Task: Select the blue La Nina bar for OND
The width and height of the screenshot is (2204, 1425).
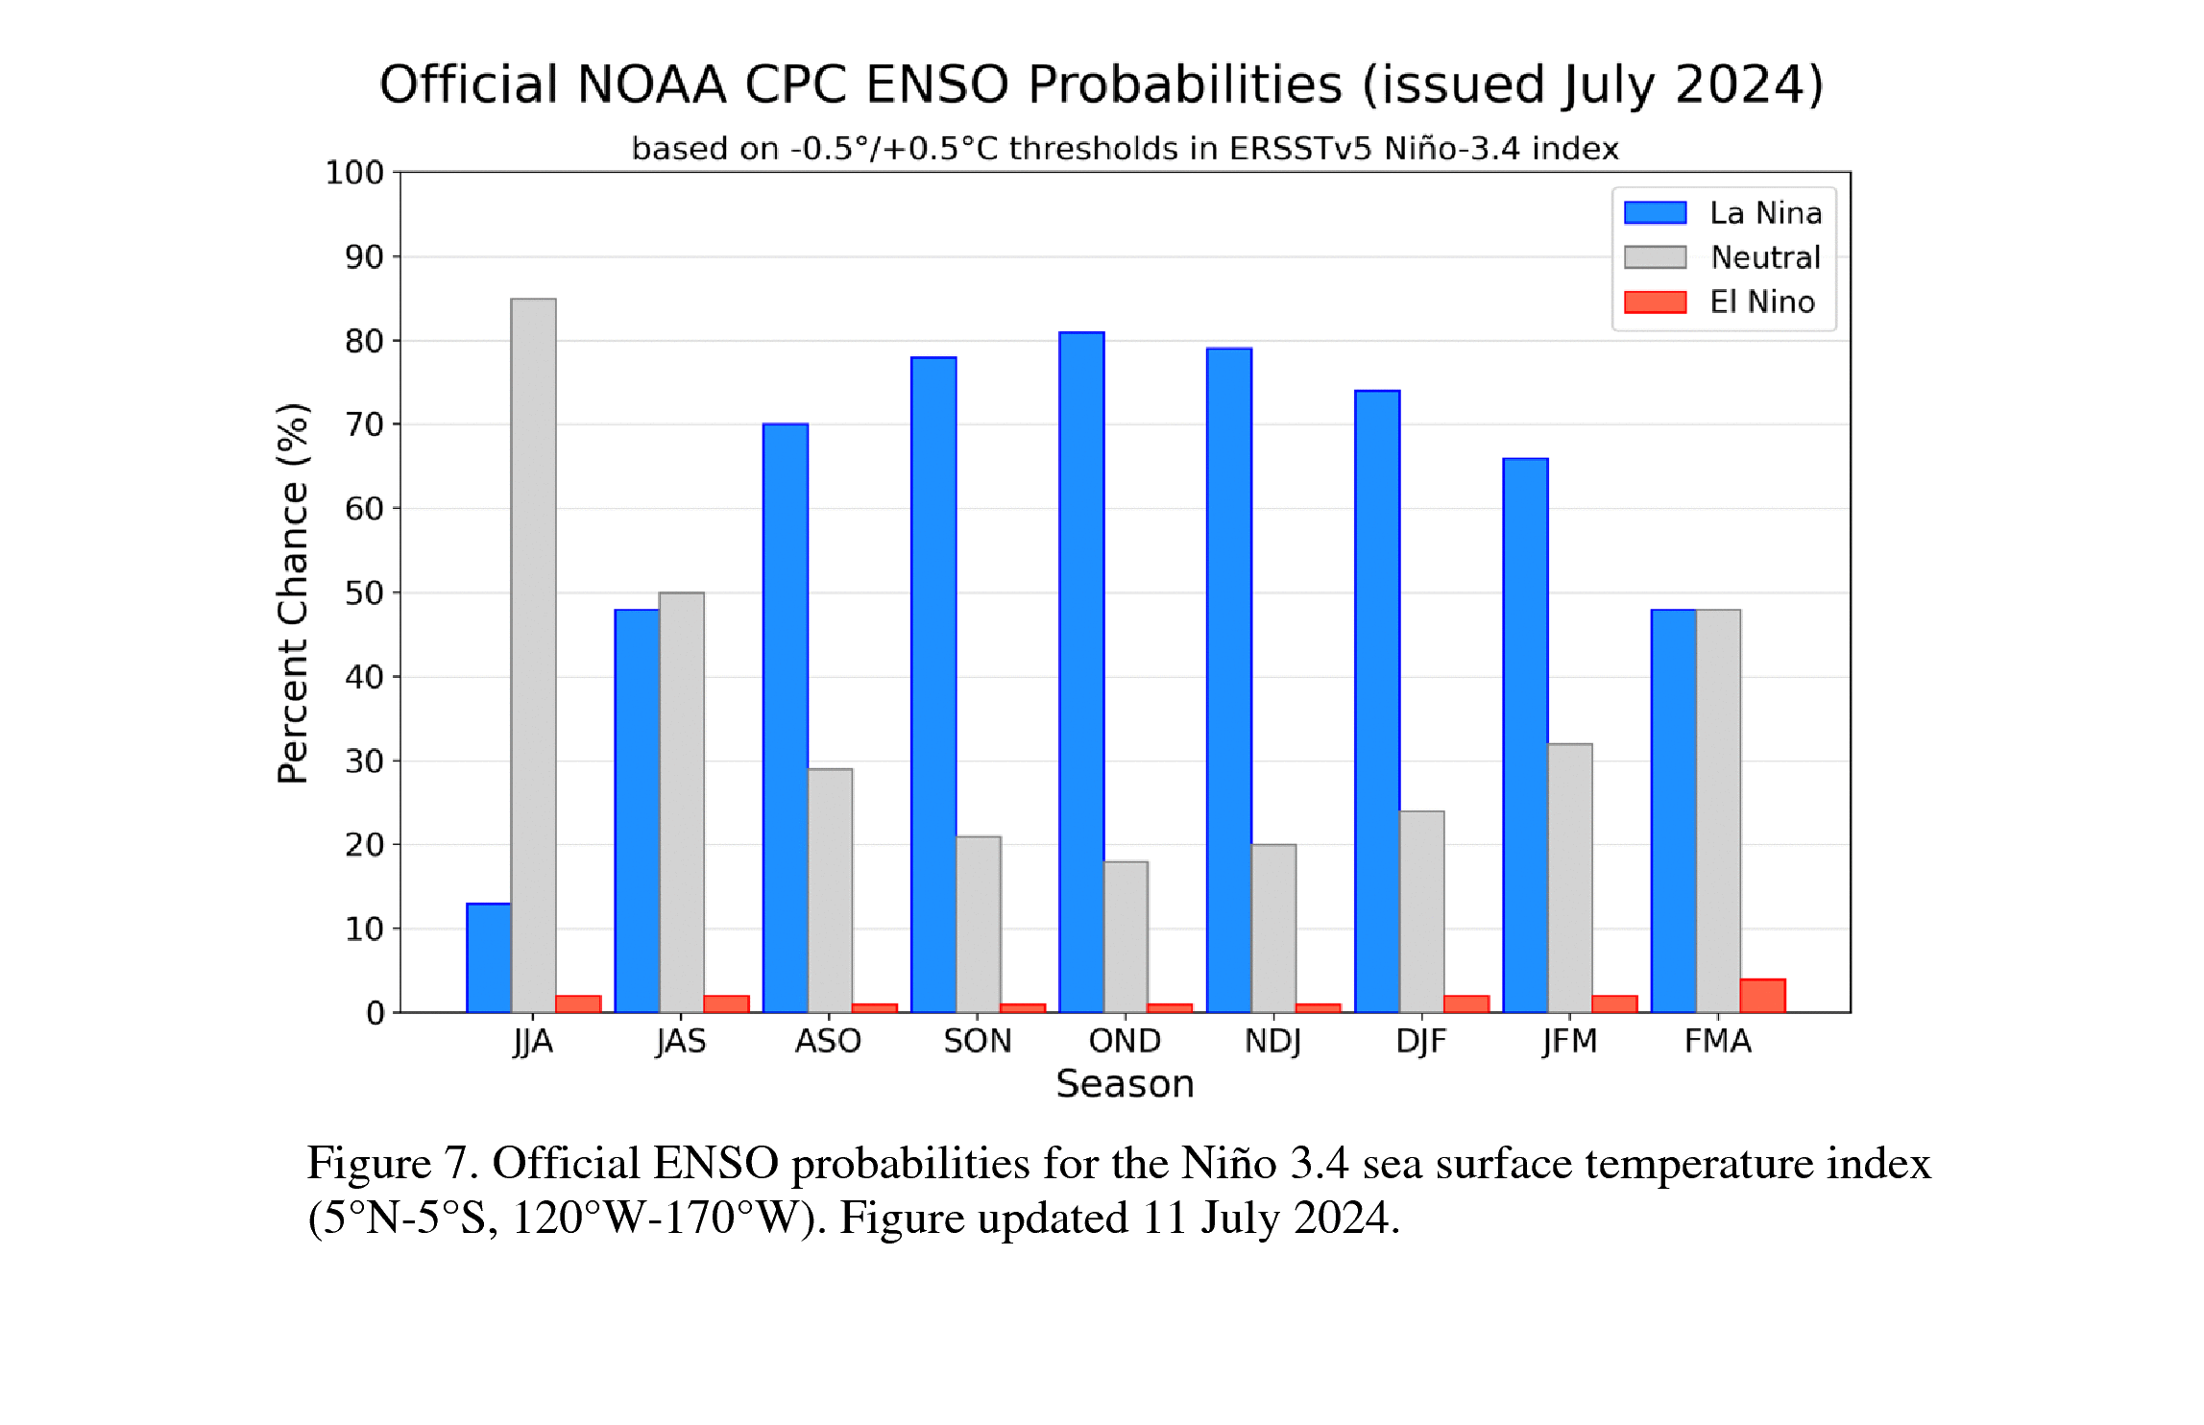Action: point(1081,672)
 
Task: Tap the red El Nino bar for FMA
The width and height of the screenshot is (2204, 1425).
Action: point(1762,996)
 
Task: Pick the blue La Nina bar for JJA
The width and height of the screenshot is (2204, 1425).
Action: point(489,957)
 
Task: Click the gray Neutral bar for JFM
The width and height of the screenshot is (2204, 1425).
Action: point(1569,878)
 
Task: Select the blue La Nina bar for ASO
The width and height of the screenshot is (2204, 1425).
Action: point(786,717)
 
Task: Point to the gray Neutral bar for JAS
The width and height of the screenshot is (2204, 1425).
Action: point(681,802)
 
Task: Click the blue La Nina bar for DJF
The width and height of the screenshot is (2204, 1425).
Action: point(1377,701)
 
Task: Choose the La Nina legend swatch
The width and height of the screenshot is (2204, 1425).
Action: point(1655,212)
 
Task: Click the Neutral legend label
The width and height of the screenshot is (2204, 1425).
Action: point(1765,257)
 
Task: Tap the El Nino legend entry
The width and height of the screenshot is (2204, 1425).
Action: point(1761,302)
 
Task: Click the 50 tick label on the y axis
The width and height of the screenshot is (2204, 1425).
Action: point(364,593)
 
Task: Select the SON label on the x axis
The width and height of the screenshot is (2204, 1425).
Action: point(977,1041)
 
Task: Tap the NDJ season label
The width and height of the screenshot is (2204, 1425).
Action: point(1272,1041)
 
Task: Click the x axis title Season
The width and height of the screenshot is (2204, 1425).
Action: point(1125,1084)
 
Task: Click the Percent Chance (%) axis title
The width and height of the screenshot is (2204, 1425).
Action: point(293,593)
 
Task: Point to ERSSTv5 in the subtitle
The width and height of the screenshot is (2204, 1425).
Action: point(1301,149)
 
